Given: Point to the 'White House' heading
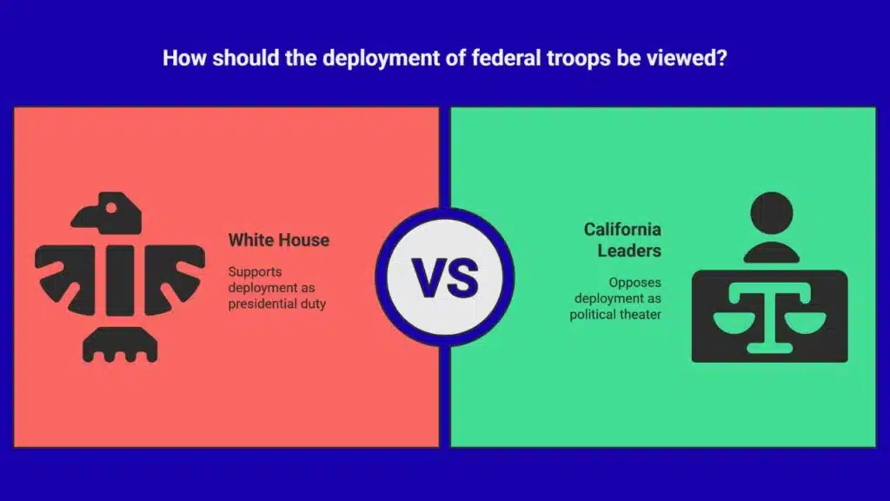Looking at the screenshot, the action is coord(279,240).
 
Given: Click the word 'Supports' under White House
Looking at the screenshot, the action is coord(255,272).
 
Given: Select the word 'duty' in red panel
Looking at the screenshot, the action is coord(313,304).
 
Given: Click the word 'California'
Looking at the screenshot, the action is coord(622,229).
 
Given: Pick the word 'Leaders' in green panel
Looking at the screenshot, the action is coord(629,250).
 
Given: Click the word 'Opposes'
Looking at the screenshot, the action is coord(635,283).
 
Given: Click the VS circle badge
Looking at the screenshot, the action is coord(445,277).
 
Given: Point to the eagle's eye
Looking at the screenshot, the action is coord(111,208).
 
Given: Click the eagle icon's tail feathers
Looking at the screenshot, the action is coord(120,344).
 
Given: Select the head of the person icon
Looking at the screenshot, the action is coord(772,213).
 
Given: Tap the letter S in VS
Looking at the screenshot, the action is coord(463,277).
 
